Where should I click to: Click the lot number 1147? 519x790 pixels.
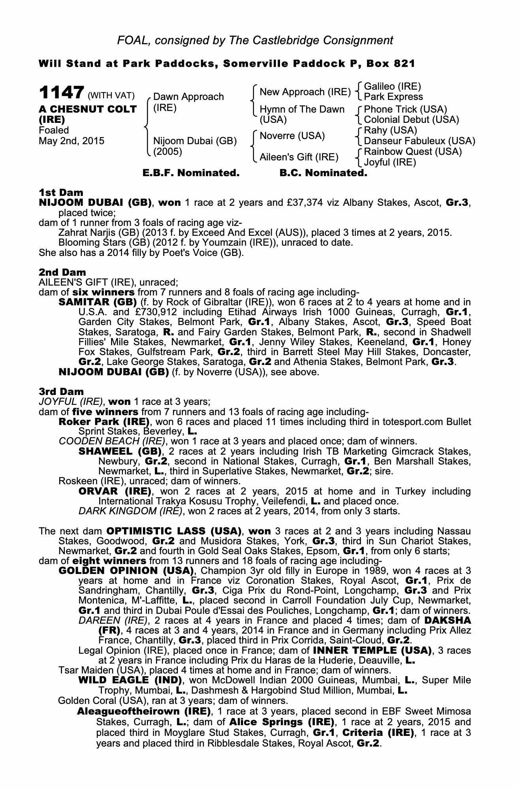[x=61, y=94]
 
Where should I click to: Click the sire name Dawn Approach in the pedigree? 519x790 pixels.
[x=188, y=97]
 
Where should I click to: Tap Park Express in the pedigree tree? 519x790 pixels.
[x=393, y=97]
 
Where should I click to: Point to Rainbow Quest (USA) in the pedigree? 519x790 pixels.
[x=412, y=152]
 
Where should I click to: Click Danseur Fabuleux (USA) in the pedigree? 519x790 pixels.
[x=419, y=141]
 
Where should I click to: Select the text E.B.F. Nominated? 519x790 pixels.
[x=191, y=173]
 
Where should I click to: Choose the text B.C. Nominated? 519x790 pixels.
[x=323, y=173]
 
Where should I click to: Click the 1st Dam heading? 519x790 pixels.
[x=61, y=193]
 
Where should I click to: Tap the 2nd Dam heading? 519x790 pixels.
[x=62, y=272]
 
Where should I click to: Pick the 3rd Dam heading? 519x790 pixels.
[x=61, y=391]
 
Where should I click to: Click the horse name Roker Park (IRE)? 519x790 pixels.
[x=104, y=421]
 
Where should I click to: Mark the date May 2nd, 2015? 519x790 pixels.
[x=71, y=141]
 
